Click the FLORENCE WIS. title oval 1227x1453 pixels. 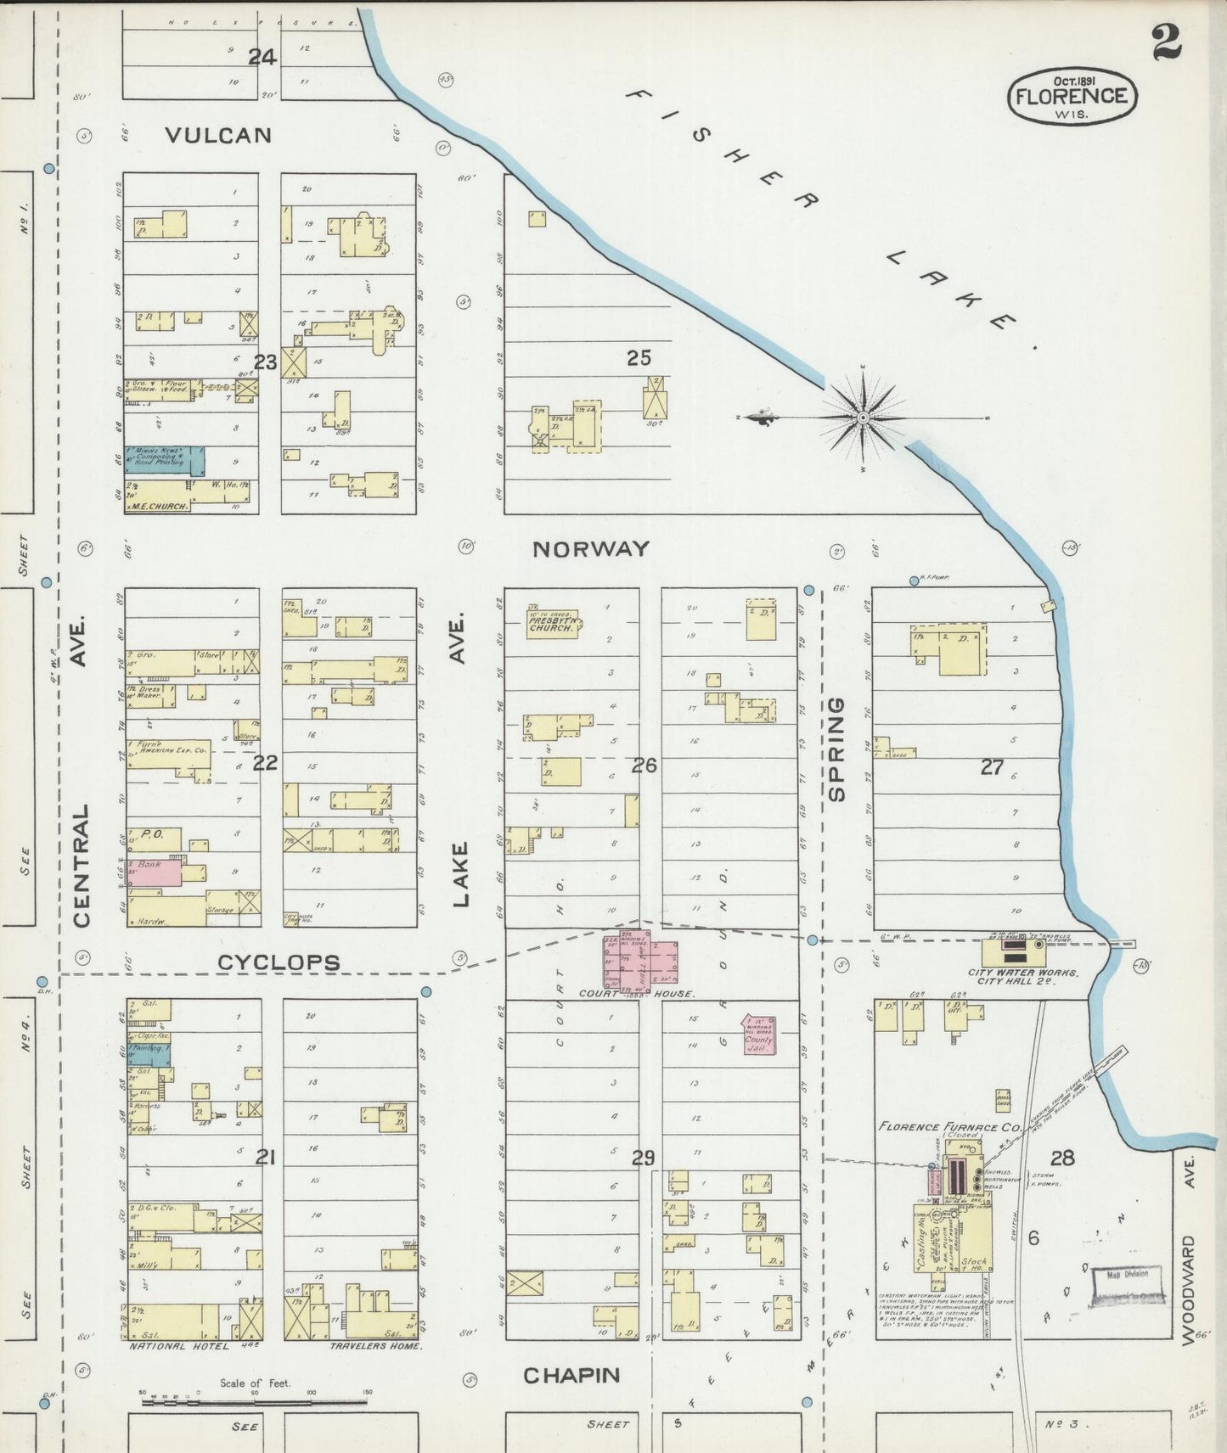point(1072,96)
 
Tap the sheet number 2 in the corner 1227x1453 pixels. point(1167,42)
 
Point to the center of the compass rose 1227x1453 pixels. point(863,418)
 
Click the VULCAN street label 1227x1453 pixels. point(218,135)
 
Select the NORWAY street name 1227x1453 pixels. point(590,549)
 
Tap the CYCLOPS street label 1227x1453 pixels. point(279,962)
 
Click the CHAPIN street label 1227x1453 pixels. point(571,1376)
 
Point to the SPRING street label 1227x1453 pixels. point(836,749)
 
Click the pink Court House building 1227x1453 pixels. point(640,962)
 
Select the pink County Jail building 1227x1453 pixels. point(758,1034)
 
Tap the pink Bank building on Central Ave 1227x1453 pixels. point(155,872)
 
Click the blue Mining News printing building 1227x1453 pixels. point(166,459)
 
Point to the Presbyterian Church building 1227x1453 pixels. point(552,624)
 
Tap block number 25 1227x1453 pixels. point(639,358)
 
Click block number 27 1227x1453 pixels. point(991,767)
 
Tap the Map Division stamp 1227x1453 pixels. point(1126,1276)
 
